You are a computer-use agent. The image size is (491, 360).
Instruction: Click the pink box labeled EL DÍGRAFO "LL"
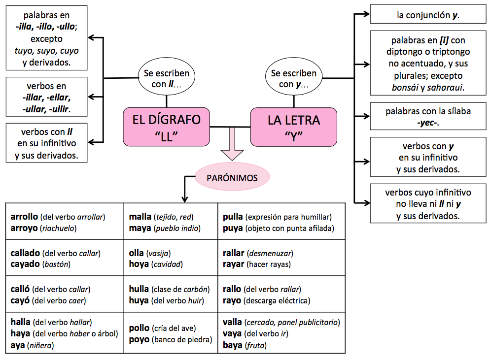[x=167, y=127]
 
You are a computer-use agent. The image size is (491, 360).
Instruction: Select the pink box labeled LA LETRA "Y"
[x=294, y=127]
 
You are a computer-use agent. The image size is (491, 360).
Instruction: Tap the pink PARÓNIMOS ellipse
[x=233, y=178]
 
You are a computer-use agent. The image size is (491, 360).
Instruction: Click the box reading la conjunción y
[x=428, y=15]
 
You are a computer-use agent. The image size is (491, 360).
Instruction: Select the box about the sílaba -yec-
[x=428, y=117]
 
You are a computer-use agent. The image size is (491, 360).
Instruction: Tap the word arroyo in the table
[x=24, y=228]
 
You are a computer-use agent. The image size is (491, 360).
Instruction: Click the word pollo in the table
[x=139, y=328]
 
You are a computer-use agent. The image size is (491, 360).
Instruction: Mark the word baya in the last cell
[x=233, y=346]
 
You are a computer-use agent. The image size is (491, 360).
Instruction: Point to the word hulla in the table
[x=139, y=289]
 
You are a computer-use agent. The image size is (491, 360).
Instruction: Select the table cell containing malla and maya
[x=170, y=222]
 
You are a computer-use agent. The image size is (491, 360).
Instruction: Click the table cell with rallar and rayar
[x=281, y=259]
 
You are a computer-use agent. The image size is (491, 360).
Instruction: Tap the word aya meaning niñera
[x=18, y=346]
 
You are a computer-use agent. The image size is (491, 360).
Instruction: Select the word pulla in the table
[x=233, y=216]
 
